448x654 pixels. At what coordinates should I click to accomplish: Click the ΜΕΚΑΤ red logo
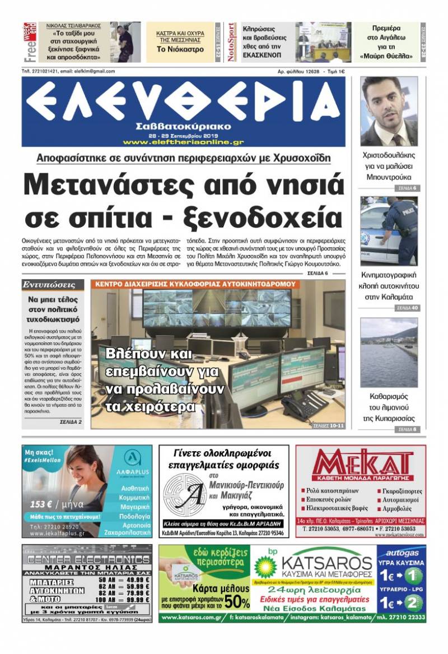click(x=361, y=465)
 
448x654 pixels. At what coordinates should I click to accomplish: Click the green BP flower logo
click(x=265, y=567)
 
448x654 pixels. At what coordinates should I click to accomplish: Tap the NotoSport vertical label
click(x=231, y=42)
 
